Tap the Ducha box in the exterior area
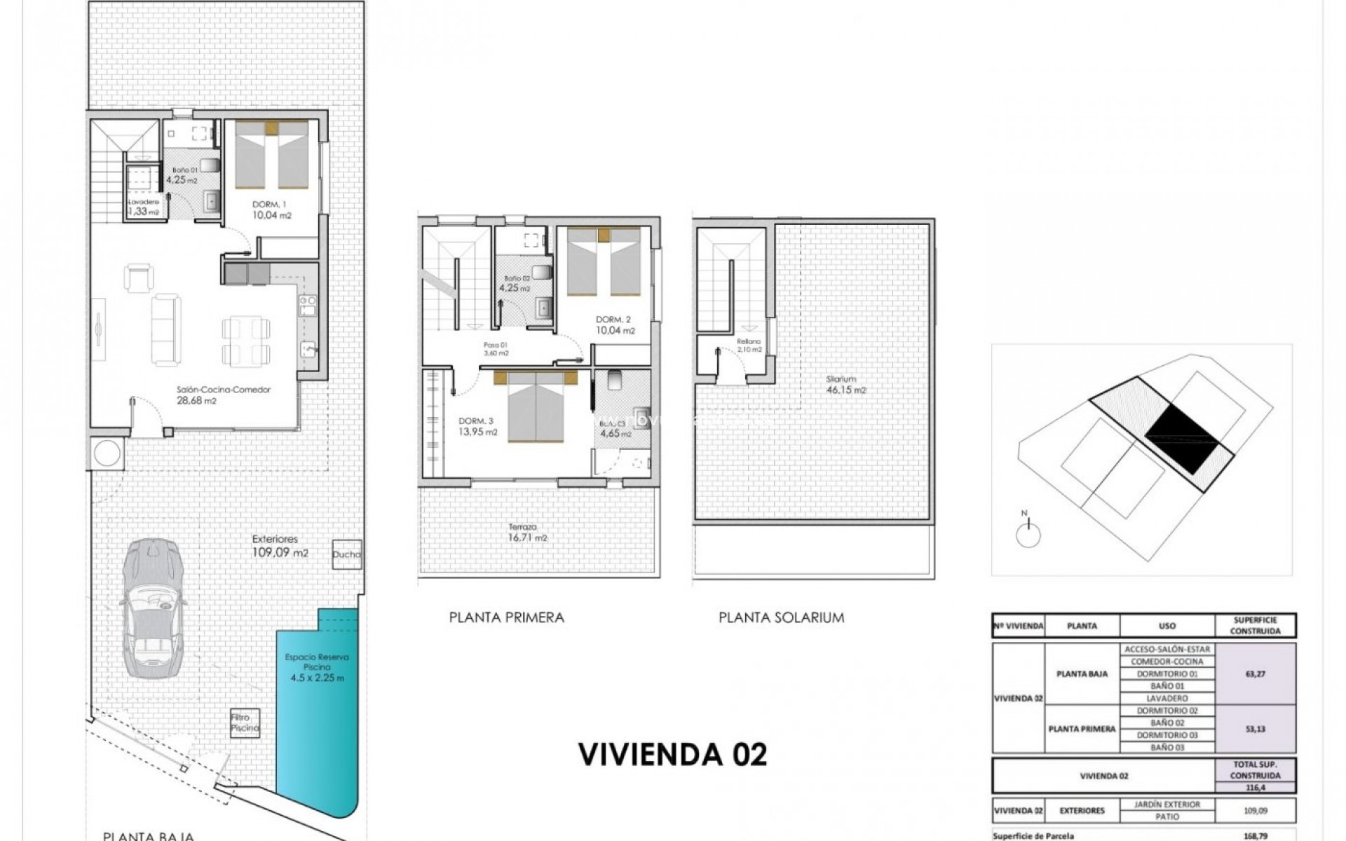click(346, 554)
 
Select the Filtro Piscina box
click(245, 723)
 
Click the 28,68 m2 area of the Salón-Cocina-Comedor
click(196, 401)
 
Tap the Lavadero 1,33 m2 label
click(143, 207)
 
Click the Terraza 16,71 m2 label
click(523, 533)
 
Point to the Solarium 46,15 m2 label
click(845, 385)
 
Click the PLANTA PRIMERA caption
click(506, 617)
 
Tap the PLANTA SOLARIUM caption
click(781, 617)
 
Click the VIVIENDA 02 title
click(672, 754)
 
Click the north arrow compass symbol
click(1028, 534)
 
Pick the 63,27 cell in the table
click(1255, 674)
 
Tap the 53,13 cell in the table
click(1255, 729)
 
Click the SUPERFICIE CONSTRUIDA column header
click(1255, 625)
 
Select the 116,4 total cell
click(1255, 788)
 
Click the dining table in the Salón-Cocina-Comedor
click(246, 341)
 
